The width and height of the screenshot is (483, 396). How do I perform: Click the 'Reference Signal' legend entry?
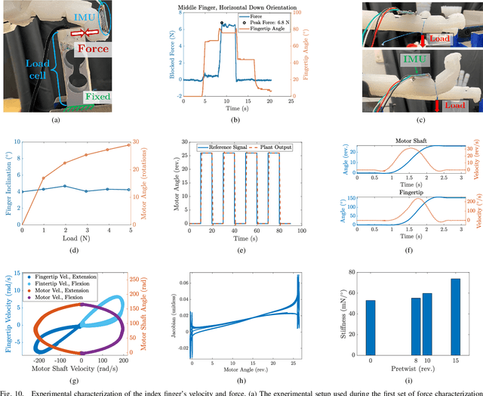click(x=226, y=145)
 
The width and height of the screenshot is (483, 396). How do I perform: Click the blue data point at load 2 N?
click(x=64, y=186)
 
